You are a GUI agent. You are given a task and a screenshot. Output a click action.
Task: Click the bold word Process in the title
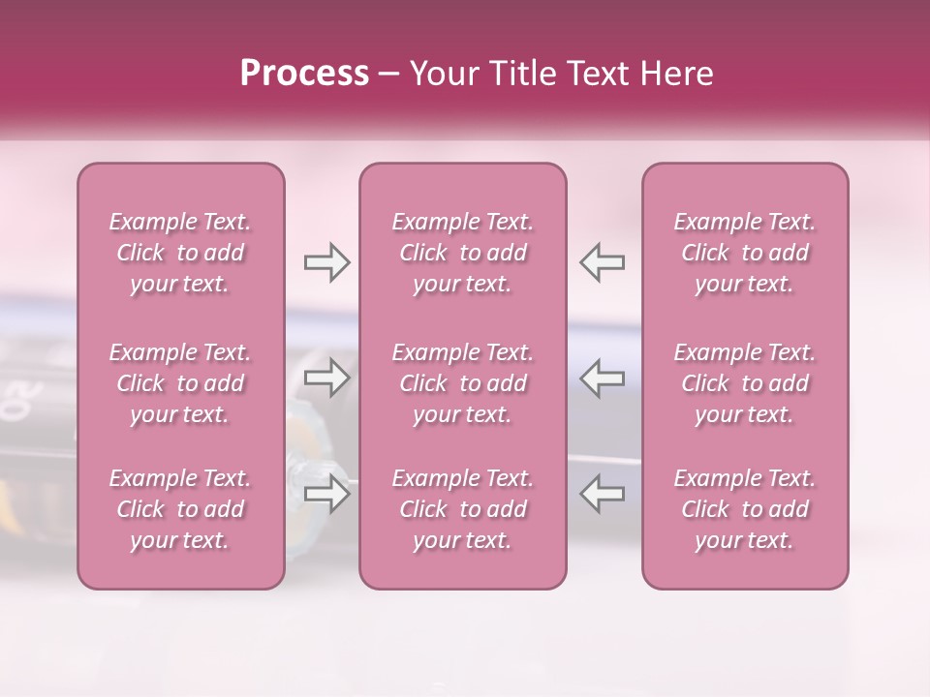(304, 74)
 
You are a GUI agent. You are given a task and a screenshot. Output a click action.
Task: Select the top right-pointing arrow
(326, 262)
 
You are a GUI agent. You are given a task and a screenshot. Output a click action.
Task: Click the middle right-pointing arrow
(326, 379)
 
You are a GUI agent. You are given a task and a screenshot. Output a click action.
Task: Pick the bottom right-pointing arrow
(326, 493)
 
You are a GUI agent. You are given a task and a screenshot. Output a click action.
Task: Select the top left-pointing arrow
(603, 262)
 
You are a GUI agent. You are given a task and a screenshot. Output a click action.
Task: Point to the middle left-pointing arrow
(603, 379)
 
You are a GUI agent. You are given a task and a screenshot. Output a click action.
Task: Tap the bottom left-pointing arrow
(603, 493)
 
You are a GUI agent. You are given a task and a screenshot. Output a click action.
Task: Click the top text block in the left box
(180, 253)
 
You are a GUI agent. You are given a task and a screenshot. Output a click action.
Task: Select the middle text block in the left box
(180, 383)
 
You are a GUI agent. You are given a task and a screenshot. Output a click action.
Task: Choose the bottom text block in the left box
(180, 509)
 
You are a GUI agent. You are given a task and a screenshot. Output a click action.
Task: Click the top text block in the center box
(462, 253)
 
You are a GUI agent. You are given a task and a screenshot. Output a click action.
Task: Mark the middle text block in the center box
(462, 383)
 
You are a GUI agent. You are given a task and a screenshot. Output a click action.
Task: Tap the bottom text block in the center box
(462, 509)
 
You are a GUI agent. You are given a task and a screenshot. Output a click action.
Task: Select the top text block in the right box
(744, 253)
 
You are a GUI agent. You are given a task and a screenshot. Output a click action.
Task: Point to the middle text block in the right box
(744, 383)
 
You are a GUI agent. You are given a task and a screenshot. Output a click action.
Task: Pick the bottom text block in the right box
(744, 509)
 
